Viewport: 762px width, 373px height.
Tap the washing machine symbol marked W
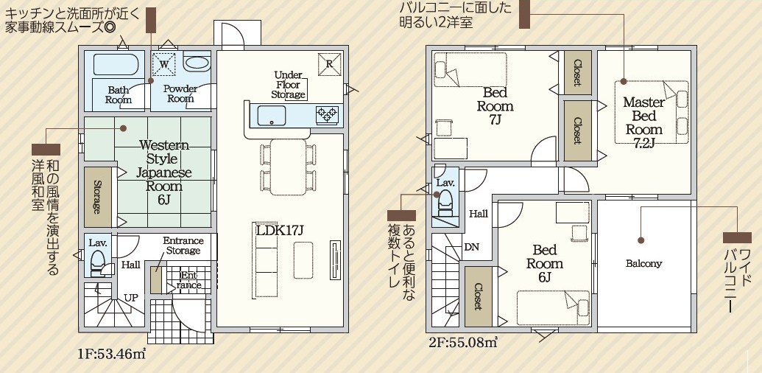click(163, 63)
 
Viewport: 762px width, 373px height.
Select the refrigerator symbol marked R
click(330, 64)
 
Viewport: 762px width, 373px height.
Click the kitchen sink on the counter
click(271, 116)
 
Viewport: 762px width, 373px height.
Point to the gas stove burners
click(326, 115)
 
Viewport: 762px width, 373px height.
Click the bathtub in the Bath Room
click(116, 64)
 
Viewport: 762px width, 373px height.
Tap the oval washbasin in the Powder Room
click(197, 63)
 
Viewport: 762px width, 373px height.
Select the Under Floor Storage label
click(289, 85)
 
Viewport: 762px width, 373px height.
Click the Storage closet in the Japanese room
click(98, 197)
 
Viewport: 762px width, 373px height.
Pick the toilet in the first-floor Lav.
click(98, 263)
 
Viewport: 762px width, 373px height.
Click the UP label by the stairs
click(130, 298)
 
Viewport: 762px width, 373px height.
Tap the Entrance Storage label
click(183, 245)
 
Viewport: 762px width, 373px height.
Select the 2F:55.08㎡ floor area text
click(463, 342)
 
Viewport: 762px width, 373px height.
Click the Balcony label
click(644, 264)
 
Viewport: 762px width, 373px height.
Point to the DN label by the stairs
click(471, 247)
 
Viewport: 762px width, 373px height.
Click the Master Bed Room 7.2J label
click(644, 122)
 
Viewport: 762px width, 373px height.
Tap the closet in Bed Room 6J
click(479, 296)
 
